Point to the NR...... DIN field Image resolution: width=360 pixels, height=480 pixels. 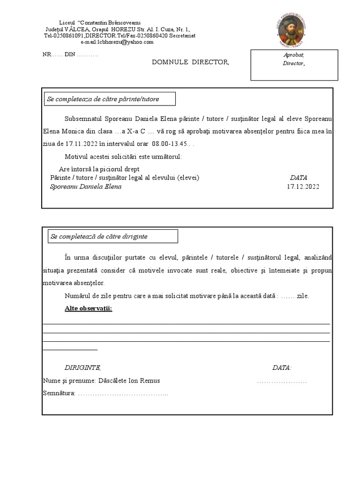[70, 54]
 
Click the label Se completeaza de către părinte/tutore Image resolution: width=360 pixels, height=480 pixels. [103, 99]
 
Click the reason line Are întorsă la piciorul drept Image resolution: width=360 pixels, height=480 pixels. [99, 169]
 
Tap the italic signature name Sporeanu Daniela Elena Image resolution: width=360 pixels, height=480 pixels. [86, 187]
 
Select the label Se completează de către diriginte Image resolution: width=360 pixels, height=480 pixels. [99, 236]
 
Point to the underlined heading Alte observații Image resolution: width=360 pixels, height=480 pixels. [88, 308]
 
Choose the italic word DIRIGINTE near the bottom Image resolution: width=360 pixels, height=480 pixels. [82, 368]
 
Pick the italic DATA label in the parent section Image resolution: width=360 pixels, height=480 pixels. [299, 178]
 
